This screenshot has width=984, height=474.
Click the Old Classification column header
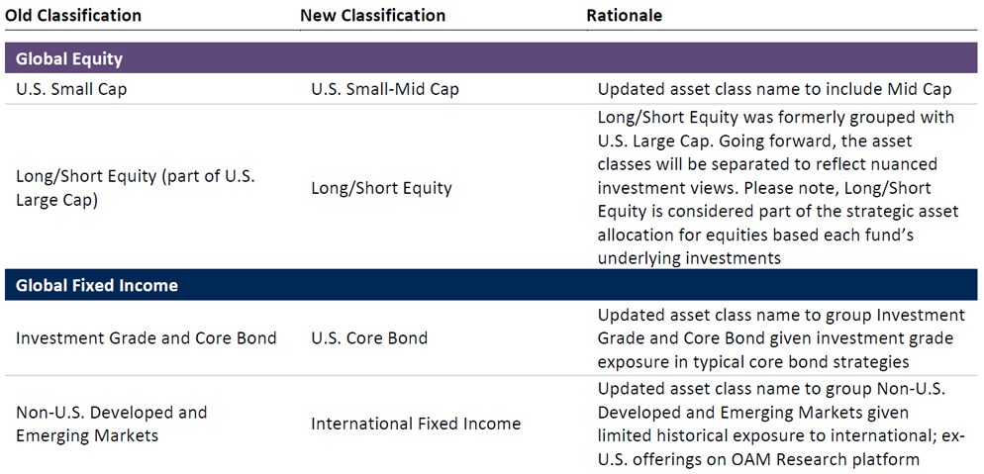(73, 15)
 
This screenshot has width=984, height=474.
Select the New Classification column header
(373, 15)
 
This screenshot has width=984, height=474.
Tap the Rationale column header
(625, 15)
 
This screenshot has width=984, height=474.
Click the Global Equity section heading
(69, 59)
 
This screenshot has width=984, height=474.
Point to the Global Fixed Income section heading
(97, 286)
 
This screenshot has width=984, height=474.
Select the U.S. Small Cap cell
(71, 89)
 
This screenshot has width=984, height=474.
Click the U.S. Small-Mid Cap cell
(385, 89)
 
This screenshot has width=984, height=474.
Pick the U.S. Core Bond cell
(369, 338)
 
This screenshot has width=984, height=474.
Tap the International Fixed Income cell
(416, 424)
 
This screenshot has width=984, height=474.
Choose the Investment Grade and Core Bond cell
(147, 338)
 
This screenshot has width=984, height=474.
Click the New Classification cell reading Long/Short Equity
(381, 188)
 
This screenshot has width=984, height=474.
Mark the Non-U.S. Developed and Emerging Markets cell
(111, 424)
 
